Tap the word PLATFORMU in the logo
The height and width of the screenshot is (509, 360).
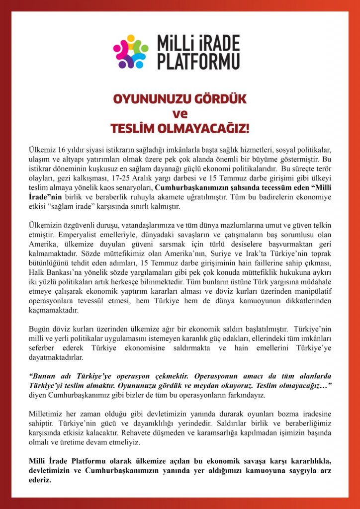(198, 61)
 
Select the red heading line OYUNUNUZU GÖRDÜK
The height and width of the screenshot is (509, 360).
(180, 99)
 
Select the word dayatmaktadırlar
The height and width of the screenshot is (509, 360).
(57, 357)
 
